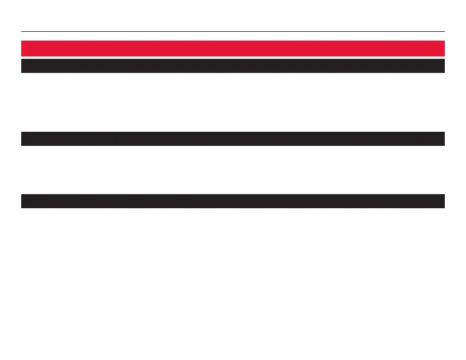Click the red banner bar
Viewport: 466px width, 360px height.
(x=233, y=48)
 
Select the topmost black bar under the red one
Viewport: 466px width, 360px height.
(x=233, y=66)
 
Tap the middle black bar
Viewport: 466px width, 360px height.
(x=233, y=139)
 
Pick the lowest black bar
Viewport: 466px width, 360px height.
(x=233, y=201)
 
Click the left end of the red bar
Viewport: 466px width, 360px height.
(x=24, y=48)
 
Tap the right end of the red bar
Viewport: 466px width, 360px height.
(x=442, y=48)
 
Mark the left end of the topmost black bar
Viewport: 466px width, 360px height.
(x=24, y=66)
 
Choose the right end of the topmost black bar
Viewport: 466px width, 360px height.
(x=442, y=66)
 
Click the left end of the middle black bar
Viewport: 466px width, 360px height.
(x=24, y=139)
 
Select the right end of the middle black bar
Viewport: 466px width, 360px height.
(x=442, y=139)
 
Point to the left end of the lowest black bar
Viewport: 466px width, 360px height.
(x=24, y=201)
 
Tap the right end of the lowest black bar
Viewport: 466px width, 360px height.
(x=442, y=201)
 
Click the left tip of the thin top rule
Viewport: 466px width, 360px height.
(x=22, y=31)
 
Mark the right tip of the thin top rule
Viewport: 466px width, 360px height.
(x=444, y=31)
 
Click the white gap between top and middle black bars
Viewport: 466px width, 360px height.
(x=233, y=102)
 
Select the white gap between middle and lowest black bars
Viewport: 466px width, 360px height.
(x=233, y=170)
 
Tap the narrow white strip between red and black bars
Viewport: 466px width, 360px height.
(x=233, y=57)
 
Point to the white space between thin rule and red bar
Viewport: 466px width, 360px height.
(x=233, y=36)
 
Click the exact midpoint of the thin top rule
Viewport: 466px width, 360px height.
(x=233, y=31)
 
